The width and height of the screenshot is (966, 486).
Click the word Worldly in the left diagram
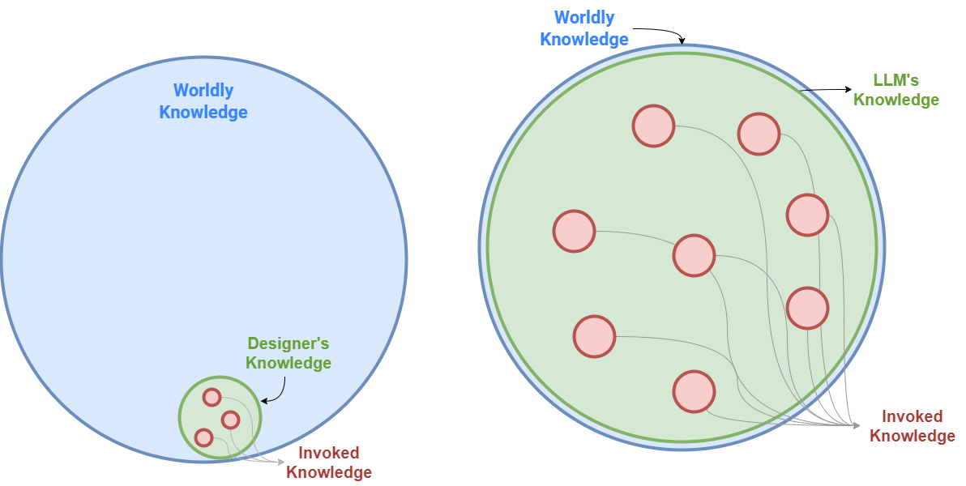pyautogui.click(x=203, y=91)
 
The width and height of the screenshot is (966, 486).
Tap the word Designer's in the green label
pyautogui.click(x=289, y=343)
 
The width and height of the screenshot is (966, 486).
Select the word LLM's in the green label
pyautogui.click(x=895, y=80)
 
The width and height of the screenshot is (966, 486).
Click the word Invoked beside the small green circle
pyautogui.click(x=328, y=453)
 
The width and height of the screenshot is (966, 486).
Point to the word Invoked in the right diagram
pyautogui.click(x=912, y=416)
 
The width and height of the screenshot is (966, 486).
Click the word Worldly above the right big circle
pyautogui.click(x=584, y=18)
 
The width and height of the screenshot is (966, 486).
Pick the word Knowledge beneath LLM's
pyautogui.click(x=895, y=100)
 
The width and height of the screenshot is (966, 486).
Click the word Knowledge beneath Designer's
pyautogui.click(x=289, y=363)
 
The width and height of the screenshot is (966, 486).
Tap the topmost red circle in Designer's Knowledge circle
pyautogui.click(x=212, y=398)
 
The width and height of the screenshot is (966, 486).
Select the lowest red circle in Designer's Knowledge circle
pyautogui.click(x=203, y=437)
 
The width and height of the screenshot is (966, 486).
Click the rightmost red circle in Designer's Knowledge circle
pyautogui.click(x=230, y=420)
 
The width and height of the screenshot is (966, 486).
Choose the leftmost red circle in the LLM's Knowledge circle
pyautogui.click(x=574, y=231)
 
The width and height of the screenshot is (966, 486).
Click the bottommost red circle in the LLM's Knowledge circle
pyautogui.click(x=694, y=391)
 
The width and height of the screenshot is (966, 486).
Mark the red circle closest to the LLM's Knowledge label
pyautogui.click(x=759, y=134)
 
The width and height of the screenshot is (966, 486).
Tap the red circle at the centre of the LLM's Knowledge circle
pyautogui.click(x=694, y=255)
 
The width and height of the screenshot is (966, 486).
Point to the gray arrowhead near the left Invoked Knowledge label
pyautogui.click(x=280, y=462)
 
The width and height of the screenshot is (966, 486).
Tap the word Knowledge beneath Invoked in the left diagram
pyautogui.click(x=328, y=472)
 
